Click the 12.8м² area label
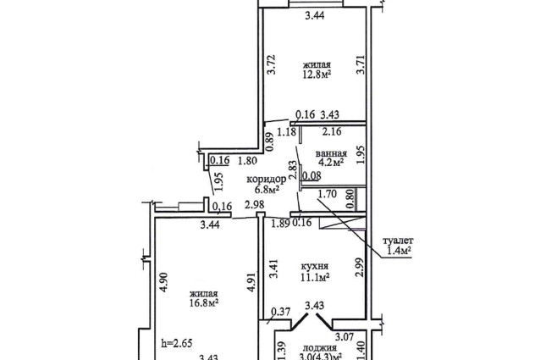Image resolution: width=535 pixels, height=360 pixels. pyautogui.click(x=317, y=75)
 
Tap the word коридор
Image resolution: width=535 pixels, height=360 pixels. pyautogui.click(x=266, y=180)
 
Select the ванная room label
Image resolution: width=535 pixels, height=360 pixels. pyautogui.click(x=331, y=153)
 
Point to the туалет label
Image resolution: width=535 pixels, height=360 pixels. pyautogui.click(x=398, y=241)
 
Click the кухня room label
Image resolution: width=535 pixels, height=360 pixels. pyautogui.click(x=315, y=266)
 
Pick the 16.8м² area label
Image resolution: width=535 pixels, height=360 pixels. pyautogui.click(x=204, y=302)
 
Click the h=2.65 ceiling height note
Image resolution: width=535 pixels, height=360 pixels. pyautogui.click(x=177, y=343)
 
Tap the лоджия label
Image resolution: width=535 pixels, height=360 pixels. pyautogui.click(x=319, y=348)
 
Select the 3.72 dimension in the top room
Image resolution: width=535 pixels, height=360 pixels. pyautogui.click(x=271, y=64)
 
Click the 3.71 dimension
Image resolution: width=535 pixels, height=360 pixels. pyautogui.click(x=361, y=64)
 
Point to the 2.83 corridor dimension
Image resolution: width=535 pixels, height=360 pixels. pyautogui.click(x=292, y=170)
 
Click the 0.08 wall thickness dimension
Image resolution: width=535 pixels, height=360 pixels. pyautogui.click(x=312, y=176)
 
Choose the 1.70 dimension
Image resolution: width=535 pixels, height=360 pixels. pyautogui.click(x=328, y=194)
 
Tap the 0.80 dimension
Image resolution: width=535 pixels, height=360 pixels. pyautogui.click(x=350, y=199)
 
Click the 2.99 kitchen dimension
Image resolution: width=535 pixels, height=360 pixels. pyautogui.click(x=361, y=267)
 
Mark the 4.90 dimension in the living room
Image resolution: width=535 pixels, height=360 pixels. pyautogui.click(x=164, y=282)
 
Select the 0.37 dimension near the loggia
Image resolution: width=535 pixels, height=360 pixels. pyautogui.click(x=281, y=312)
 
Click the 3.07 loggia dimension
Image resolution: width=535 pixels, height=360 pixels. pyautogui.click(x=344, y=337)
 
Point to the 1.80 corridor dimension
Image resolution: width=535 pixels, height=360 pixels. pyautogui.click(x=247, y=160)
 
